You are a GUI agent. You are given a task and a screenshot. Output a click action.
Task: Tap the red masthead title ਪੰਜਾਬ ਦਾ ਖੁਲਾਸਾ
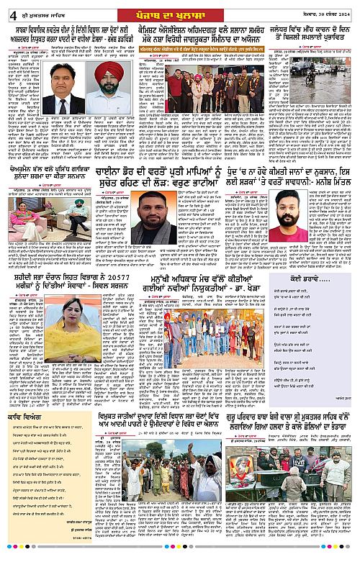[x=179, y=10]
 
